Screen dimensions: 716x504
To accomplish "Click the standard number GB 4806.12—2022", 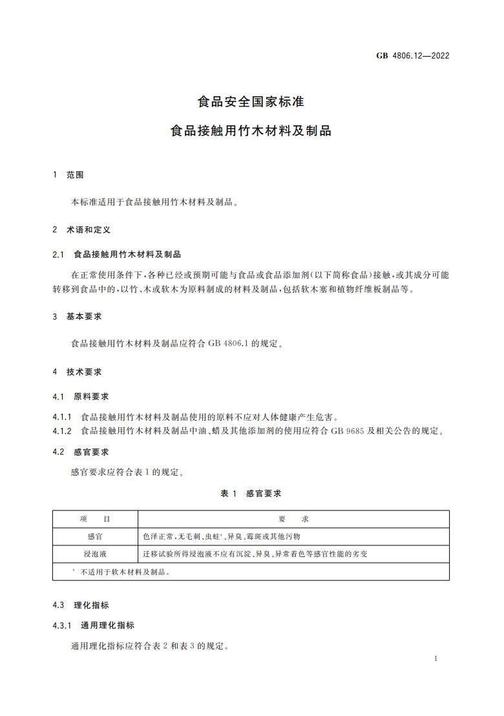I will (x=412, y=55).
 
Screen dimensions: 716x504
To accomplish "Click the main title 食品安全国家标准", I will (x=251, y=101).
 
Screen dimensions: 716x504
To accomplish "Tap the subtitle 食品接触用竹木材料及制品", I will (x=251, y=131).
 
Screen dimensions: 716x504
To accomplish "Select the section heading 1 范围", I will (x=68, y=174).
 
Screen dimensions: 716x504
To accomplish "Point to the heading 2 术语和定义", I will (x=82, y=229).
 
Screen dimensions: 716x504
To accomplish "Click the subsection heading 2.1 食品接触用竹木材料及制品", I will (x=117, y=254).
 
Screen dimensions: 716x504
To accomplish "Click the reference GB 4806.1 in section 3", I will (x=231, y=344).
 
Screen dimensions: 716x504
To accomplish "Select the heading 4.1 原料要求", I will (x=81, y=396).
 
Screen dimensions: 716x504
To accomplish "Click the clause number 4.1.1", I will (x=63, y=417).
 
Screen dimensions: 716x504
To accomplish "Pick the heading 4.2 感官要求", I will (x=81, y=452).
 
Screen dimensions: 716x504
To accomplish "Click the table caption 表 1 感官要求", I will (x=251, y=493).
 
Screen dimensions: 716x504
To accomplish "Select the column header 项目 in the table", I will (x=95, y=519).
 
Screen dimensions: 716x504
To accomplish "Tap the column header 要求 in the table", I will (x=293, y=519).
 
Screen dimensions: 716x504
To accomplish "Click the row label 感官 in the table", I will (x=95, y=536).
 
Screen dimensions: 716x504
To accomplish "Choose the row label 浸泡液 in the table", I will (x=95, y=554).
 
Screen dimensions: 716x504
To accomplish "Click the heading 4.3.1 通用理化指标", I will (x=94, y=626).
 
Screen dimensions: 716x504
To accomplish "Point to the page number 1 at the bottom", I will (x=437, y=658).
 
